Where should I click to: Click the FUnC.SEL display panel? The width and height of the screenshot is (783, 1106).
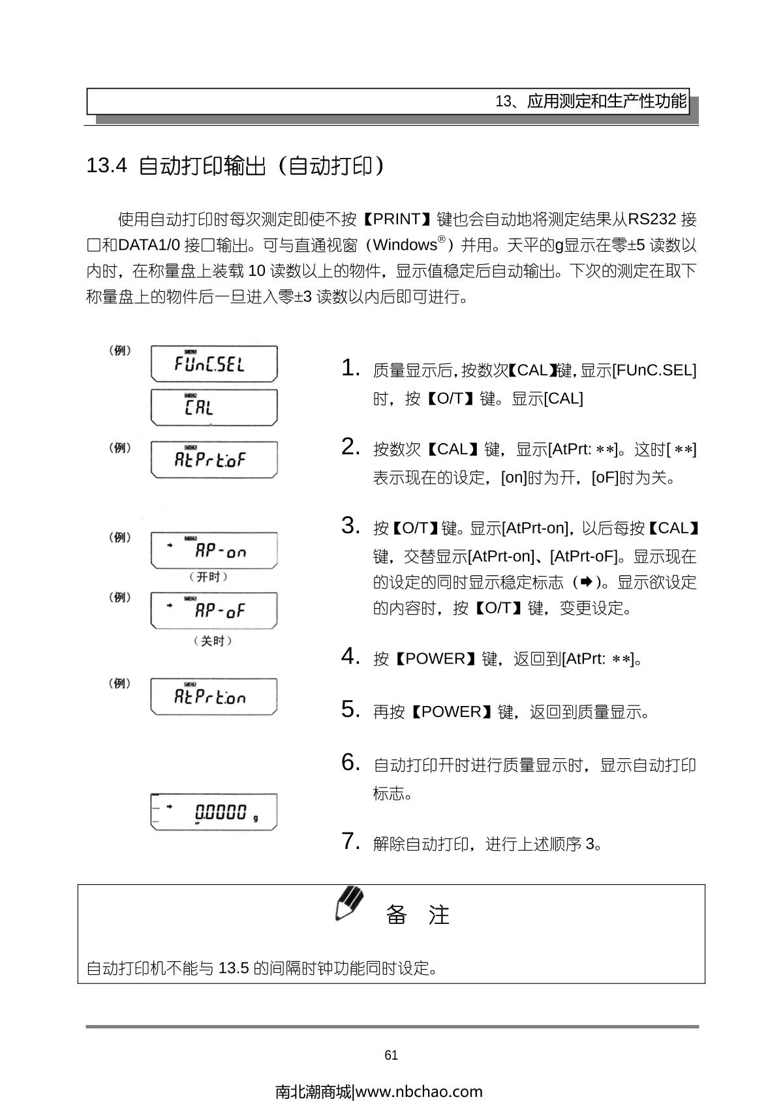coord(213,363)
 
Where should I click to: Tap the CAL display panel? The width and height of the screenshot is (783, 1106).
coord(213,407)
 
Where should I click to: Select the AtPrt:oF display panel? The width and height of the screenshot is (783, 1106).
coord(213,459)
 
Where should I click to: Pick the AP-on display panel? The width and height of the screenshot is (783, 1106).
coord(213,551)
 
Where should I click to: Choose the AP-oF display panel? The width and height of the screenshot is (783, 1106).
coord(213,611)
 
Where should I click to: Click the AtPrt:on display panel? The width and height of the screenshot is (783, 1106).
coord(213,697)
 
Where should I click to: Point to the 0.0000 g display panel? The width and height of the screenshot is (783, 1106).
coord(213,812)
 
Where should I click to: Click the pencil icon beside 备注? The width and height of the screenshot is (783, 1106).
coord(349,903)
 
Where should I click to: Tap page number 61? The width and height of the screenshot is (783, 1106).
coord(391,1055)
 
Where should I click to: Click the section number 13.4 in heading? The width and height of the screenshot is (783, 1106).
coord(106,166)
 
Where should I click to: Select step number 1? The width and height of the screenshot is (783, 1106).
coord(350,368)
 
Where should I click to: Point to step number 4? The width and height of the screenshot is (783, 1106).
coord(350,656)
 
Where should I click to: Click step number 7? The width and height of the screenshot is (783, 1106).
coord(350,842)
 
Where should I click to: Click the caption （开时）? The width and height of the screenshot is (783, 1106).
coord(209,577)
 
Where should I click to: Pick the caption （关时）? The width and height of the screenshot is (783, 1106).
coord(213,641)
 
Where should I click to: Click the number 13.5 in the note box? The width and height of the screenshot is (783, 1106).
coord(234,968)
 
